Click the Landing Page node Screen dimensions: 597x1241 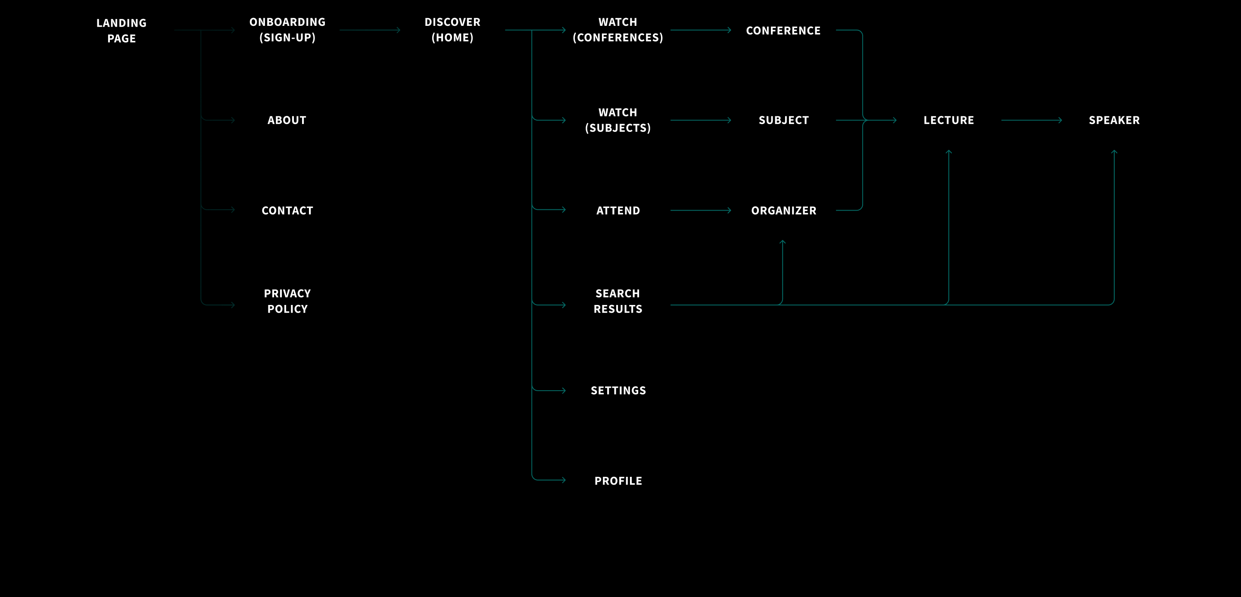tap(122, 30)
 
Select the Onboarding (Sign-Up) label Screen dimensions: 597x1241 tap(287, 30)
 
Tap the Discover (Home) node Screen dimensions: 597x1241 tap(452, 30)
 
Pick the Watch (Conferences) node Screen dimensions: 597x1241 tap(617, 30)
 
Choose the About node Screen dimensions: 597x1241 tap(287, 120)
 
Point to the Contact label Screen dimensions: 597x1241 tap(287, 210)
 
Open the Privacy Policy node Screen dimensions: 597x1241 tap(287, 301)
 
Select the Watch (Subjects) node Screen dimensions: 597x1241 tap(617, 120)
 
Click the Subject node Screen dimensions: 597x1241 tap(783, 120)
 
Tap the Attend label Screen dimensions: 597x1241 tap(618, 210)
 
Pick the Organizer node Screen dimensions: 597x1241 tap(783, 210)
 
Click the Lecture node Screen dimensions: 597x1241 tap(948, 120)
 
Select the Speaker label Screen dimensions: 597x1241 tap(1114, 120)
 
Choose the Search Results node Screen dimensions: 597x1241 tap(617, 301)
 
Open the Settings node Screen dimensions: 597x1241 tap(618, 390)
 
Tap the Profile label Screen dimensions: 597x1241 tap(618, 481)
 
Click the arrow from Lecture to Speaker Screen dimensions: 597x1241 tap(1031, 120)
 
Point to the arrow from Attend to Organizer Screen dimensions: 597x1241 tap(701, 210)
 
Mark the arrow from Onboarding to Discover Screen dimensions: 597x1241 tap(370, 30)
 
